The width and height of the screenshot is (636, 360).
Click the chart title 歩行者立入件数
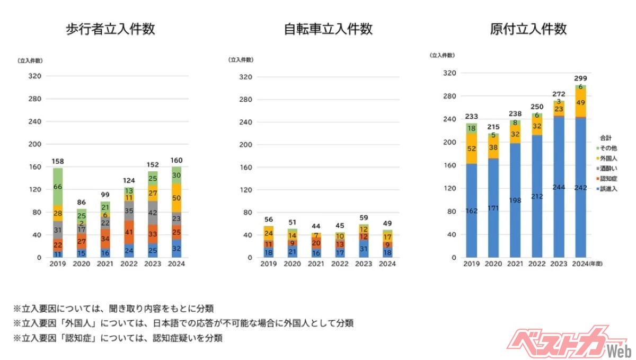point(110,29)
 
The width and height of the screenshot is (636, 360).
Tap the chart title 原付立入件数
point(528,29)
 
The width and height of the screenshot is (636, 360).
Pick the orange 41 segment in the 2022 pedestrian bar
point(128,232)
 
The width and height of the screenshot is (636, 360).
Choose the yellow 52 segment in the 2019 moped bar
point(471,149)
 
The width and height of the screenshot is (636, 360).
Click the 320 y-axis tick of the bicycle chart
point(245,76)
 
